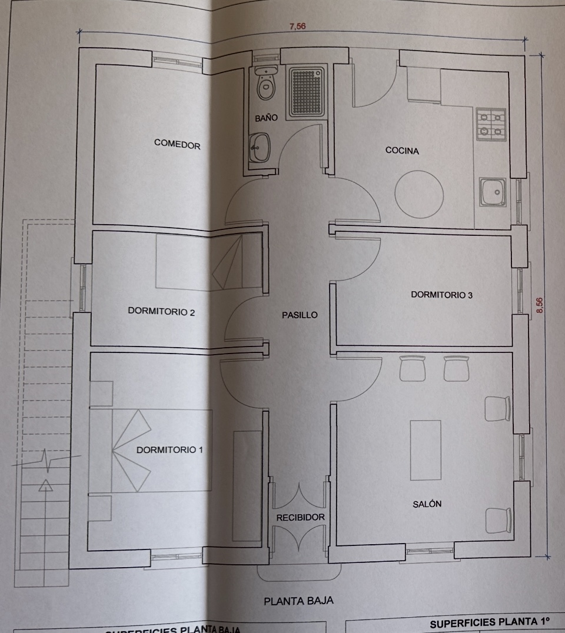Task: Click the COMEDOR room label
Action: coord(177,144)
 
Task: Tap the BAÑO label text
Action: coord(266,118)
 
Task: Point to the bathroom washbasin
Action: coord(260,146)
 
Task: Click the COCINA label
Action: coord(402,151)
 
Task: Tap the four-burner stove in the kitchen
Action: coord(491,124)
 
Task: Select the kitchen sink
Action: coord(492,192)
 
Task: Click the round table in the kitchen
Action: coord(419,195)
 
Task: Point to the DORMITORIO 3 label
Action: coord(441,295)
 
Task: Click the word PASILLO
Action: coord(300,315)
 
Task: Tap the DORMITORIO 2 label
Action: coord(161,312)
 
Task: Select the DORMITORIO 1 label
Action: coord(169,450)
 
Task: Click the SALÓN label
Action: coord(427,504)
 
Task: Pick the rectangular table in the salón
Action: coord(426,449)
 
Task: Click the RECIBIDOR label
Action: coord(300,517)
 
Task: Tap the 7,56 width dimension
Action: coord(298,26)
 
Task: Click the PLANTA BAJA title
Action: coord(298,601)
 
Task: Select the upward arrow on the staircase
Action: coord(45,486)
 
